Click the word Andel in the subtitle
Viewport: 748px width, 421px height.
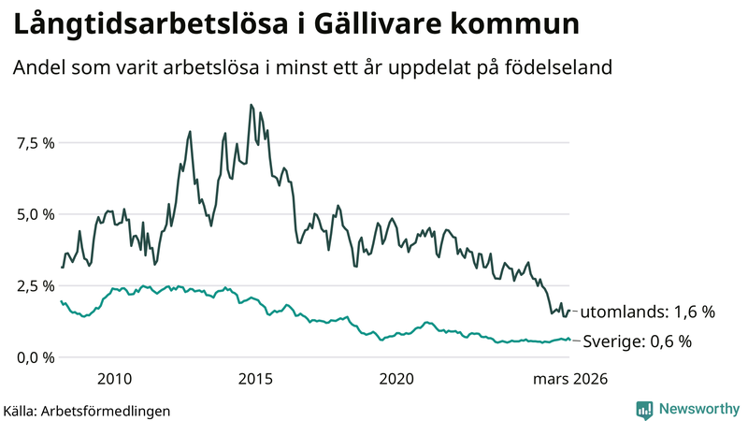37,68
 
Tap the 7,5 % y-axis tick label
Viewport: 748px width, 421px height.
36,142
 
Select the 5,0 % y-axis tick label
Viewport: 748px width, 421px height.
36,214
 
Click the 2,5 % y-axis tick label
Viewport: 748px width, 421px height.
36,285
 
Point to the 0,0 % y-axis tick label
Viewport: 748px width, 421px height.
36,357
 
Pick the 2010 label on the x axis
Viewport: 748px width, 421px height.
113,379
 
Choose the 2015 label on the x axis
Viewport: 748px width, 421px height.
255,379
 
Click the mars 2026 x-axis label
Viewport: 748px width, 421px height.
570,379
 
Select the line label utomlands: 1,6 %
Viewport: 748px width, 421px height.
647,312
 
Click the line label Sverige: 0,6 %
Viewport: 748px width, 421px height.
637,341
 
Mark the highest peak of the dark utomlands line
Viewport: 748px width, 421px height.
251,105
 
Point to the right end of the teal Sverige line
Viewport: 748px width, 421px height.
569,340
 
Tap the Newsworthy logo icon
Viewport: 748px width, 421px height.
645,409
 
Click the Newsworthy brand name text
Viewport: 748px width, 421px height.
698,409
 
